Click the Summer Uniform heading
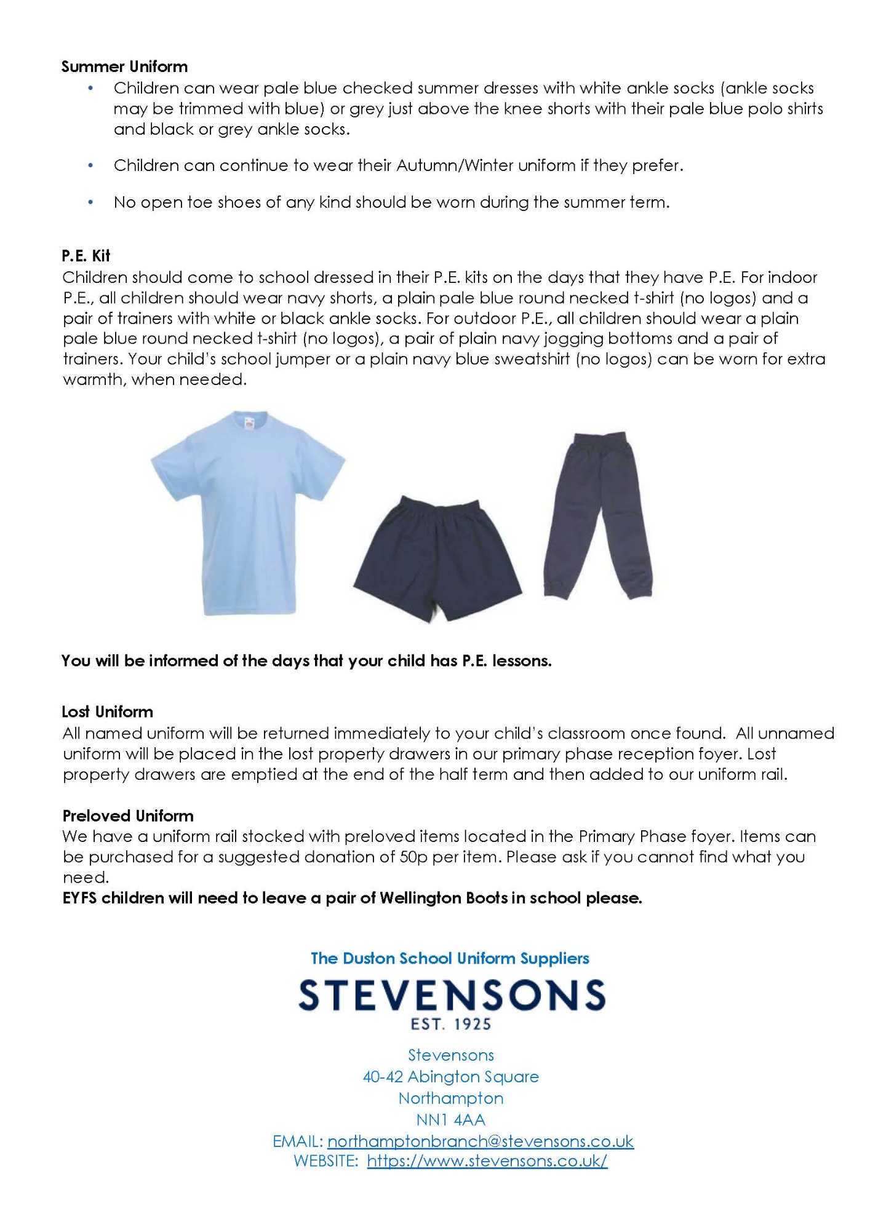coord(124,66)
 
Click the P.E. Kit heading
coord(86,256)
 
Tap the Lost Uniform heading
coord(107,712)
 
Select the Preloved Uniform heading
coord(128,815)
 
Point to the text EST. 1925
coord(451,1024)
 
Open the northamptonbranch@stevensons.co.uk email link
coord(480,1141)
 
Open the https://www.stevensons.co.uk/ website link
coord(487,1161)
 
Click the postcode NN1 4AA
coord(451,1119)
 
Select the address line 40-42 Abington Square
coord(451,1076)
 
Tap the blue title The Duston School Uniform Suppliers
coord(450,958)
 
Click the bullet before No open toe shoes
coord(90,202)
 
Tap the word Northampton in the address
coord(451,1098)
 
